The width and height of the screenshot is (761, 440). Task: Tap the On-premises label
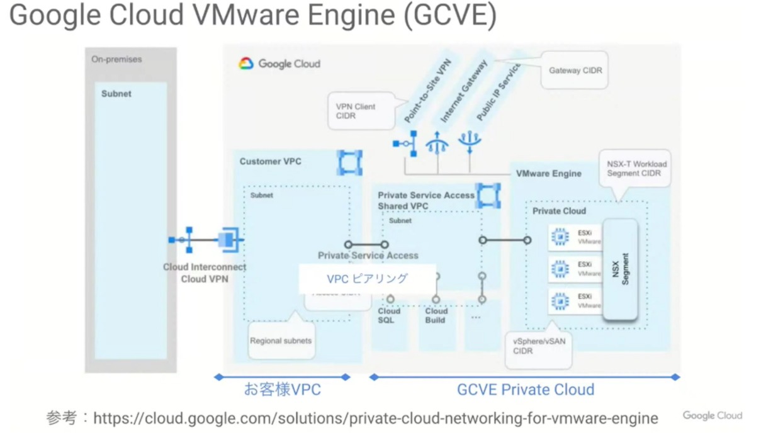(116, 59)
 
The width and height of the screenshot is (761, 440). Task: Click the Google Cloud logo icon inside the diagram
(246, 64)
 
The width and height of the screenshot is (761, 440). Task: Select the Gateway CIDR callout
(575, 71)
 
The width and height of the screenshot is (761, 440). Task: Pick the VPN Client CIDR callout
(356, 111)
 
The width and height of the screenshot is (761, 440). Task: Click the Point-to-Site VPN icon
(406, 144)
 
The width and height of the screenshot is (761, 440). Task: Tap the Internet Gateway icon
(437, 144)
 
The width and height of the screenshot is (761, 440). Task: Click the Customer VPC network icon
(349, 163)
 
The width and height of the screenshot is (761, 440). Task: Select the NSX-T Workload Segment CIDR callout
(636, 168)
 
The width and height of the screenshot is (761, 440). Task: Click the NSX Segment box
(620, 269)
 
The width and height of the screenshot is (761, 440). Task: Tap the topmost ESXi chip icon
(560, 237)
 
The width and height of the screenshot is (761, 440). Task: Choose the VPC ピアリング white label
(367, 279)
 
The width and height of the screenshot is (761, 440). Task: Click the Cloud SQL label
(389, 315)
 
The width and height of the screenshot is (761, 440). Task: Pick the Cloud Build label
(436, 315)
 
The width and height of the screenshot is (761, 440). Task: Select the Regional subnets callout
(281, 341)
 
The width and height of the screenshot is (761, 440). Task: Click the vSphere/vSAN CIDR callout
(539, 346)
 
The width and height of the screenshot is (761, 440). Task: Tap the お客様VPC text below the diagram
(282, 390)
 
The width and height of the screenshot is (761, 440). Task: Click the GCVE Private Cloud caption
(525, 390)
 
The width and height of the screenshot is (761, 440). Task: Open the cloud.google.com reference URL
(375, 418)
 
